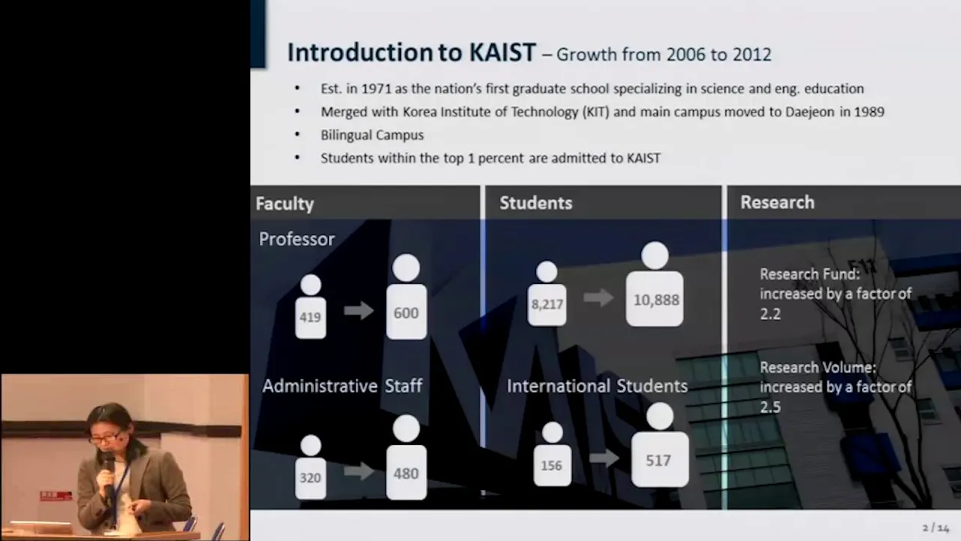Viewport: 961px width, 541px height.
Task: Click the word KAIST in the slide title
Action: click(502, 53)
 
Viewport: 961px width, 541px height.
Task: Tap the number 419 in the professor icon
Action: click(310, 317)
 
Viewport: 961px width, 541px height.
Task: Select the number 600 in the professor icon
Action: click(406, 313)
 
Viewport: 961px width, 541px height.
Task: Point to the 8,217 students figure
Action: click(547, 304)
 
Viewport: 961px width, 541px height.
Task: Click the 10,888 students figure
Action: click(656, 300)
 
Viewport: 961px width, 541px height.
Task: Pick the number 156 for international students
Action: click(551, 465)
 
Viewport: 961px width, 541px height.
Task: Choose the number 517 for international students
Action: click(658, 461)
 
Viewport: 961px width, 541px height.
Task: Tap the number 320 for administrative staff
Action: click(310, 478)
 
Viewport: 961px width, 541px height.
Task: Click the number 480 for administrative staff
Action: click(406, 473)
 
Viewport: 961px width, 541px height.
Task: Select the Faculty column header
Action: click(285, 204)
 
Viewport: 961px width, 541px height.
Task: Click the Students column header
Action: click(536, 203)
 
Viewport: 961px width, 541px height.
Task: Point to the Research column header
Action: click(777, 203)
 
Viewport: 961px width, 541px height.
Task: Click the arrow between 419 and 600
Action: click(359, 310)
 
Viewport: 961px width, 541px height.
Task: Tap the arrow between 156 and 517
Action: click(604, 458)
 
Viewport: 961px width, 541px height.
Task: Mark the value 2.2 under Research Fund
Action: click(770, 314)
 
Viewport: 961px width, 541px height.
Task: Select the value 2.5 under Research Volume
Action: click(770, 407)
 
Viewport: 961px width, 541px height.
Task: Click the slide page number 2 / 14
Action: click(935, 527)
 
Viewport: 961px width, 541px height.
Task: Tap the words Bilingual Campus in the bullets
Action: click(372, 135)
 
